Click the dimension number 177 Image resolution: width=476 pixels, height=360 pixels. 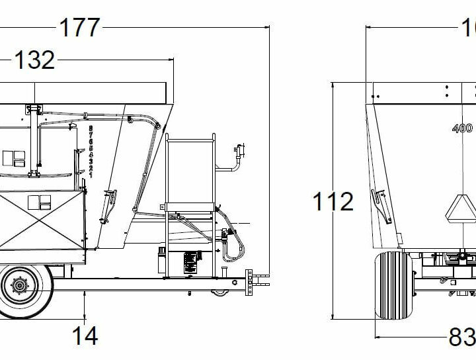pos(80,28)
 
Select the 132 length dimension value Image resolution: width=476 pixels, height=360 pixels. pos(34,60)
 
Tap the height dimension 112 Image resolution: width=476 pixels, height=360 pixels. pos(333,201)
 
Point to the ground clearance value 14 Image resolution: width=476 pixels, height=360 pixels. pos(85,336)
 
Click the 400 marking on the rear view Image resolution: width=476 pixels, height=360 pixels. pos(462,128)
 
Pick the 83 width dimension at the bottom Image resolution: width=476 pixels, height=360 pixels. pos(462,337)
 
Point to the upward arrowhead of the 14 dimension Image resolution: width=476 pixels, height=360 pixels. pos(85,295)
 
